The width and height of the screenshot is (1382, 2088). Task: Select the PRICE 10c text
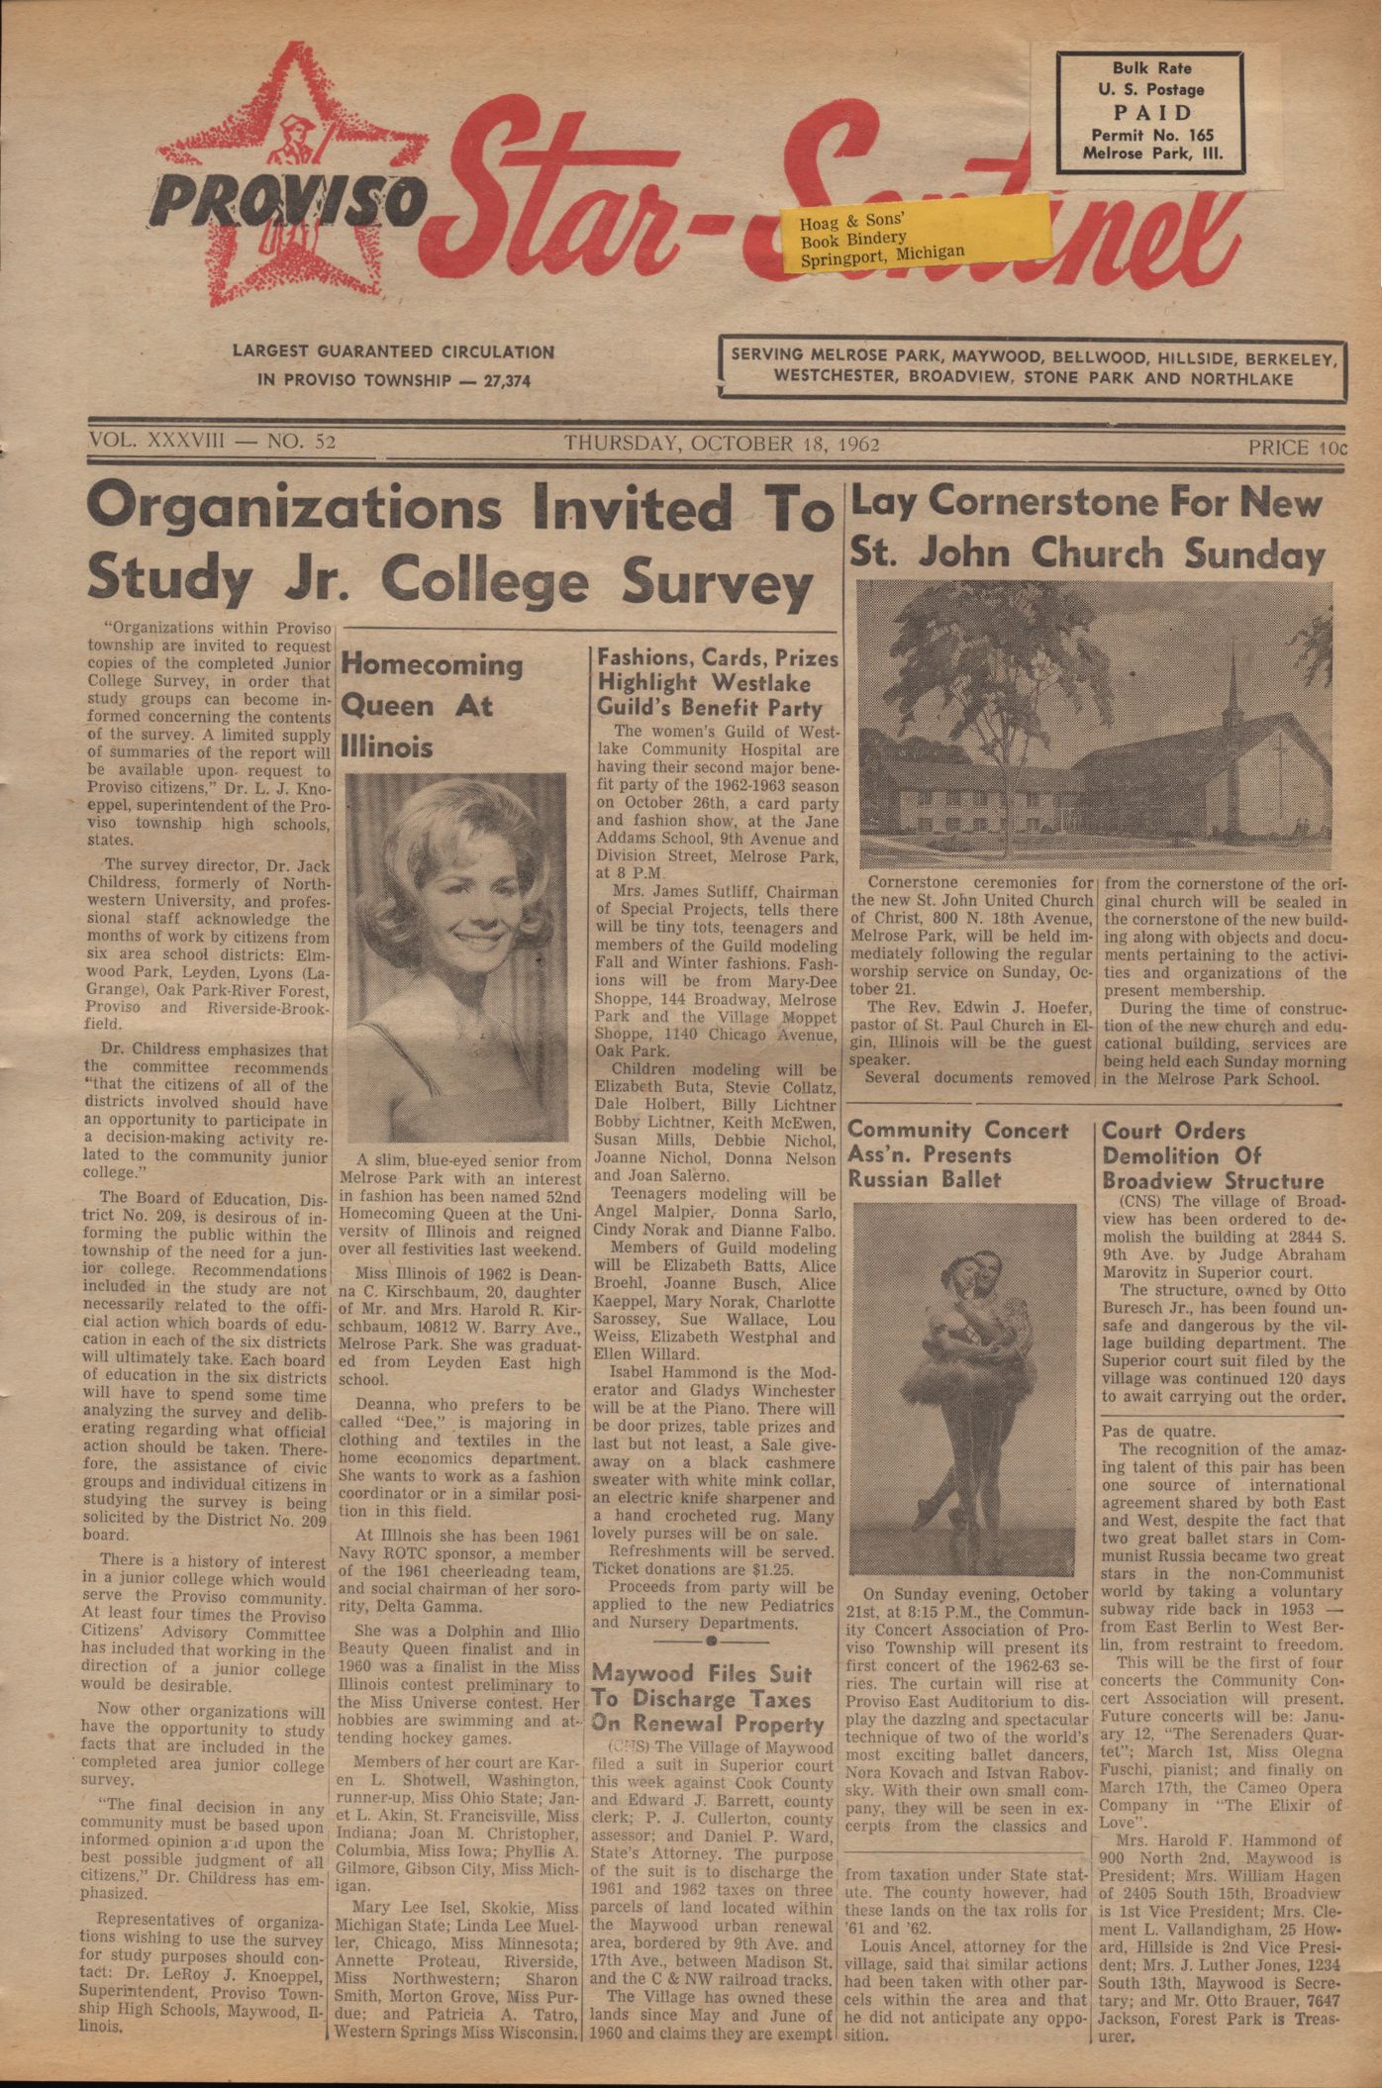(1297, 447)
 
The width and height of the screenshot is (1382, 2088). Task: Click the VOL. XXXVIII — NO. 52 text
(212, 441)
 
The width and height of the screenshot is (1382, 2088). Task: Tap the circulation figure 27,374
(507, 380)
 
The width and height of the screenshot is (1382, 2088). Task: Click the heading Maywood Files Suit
(701, 1673)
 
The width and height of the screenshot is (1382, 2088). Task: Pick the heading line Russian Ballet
(924, 1179)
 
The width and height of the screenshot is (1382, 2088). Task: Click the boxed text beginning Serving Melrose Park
(1033, 367)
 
